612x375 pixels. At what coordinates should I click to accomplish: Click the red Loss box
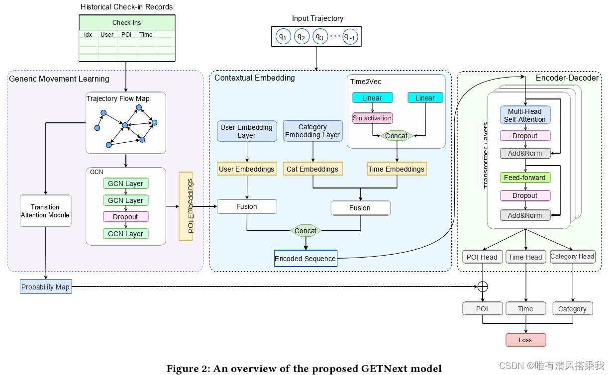point(525,340)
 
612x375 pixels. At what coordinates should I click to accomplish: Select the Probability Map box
point(46,287)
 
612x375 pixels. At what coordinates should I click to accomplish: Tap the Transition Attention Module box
point(45,211)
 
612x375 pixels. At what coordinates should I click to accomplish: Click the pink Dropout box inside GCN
point(125,217)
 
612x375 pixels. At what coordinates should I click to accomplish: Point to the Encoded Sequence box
point(306,259)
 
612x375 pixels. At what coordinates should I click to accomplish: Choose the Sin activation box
point(372,118)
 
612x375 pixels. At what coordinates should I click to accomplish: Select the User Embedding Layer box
point(247,131)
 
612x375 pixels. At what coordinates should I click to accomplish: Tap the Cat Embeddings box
point(312,169)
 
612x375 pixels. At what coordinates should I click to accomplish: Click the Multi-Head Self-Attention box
point(525,115)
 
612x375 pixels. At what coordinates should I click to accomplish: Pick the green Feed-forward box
point(525,178)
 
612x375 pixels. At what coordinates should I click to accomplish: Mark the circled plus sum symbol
point(482,286)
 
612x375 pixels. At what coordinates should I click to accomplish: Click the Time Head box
point(525,257)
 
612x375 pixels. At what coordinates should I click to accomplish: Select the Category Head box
point(572,257)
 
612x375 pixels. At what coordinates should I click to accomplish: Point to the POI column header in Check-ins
point(126,35)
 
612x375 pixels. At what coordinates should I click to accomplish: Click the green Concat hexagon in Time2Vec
point(396,136)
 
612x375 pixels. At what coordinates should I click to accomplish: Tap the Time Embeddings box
point(396,169)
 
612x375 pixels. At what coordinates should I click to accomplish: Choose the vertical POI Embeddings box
point(186,206)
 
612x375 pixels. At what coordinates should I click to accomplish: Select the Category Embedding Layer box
point(312,131)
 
